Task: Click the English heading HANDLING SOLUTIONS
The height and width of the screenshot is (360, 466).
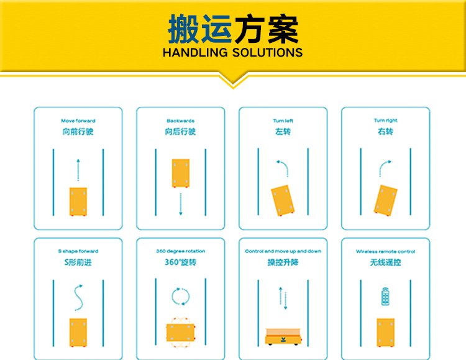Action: (233, 53)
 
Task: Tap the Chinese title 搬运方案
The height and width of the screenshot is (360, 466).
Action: (233, 29)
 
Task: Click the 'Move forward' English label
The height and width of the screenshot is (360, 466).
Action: (78, 121)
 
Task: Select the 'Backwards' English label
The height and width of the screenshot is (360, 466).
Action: (180, 121)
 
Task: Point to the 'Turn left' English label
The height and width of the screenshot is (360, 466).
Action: (283, 121)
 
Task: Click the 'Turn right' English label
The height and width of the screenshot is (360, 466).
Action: (385, 121)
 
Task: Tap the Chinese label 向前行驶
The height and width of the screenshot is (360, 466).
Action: (78, 132)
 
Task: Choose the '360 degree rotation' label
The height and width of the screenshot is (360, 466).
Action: (180, 251)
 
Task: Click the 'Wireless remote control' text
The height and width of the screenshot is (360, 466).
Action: (385, 251)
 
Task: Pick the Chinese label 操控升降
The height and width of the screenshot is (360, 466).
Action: (283, 262)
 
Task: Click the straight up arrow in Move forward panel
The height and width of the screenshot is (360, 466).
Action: (78, 170)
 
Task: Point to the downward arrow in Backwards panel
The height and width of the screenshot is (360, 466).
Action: (180, 204)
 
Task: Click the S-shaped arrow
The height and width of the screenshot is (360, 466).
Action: (78, 298)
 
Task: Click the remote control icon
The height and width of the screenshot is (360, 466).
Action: (385, 297)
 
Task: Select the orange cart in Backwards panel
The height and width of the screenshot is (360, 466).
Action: (181, 173)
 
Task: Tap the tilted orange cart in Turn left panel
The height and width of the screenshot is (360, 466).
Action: (283, 200)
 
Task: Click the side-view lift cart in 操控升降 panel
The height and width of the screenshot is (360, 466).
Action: (283, 337)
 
